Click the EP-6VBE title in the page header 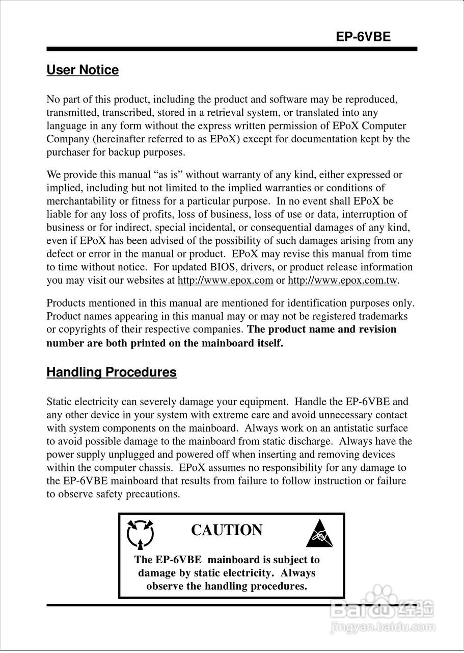tap(363, 37)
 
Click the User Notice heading tap(83, 70)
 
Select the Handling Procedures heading tap(112, 372)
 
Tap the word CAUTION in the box tap(227, 530)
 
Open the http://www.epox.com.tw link tap(343, 280)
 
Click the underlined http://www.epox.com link tap(225, 280)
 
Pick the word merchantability tap(78, 201)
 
